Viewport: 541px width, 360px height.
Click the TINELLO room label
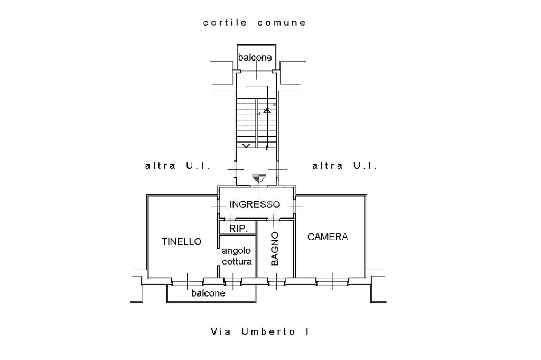click(x=182, y=241)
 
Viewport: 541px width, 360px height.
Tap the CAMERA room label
click(x=328, y=237)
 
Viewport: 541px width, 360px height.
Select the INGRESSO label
click(x=255, y=204)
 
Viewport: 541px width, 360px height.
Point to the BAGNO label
click(x=275, y=248)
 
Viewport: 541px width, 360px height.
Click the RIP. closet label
click(x=238, y=229)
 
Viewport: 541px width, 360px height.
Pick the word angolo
click(x=236, y=251)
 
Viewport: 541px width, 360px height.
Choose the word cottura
click(x=237, y=262)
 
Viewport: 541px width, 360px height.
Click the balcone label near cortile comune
click(x=255, y=58)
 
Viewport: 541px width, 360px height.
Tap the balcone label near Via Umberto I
click(x=208, y=293)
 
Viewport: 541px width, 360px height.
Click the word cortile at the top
click(x=225, y=23)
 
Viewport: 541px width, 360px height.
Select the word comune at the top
click(x=282, y=23)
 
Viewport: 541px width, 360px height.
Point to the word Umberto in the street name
click(x=268, y=331)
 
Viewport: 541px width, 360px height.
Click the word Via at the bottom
click(x=221, y=331)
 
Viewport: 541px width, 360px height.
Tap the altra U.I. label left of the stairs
click(x=178, y=166)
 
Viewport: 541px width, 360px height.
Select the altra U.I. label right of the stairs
click(x=344, y=166)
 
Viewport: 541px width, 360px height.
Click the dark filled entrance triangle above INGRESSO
click(x=259, y=178)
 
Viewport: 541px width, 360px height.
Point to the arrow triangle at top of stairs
click(x=267, y=111)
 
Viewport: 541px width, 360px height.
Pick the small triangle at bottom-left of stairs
click(x=246, y=146)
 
